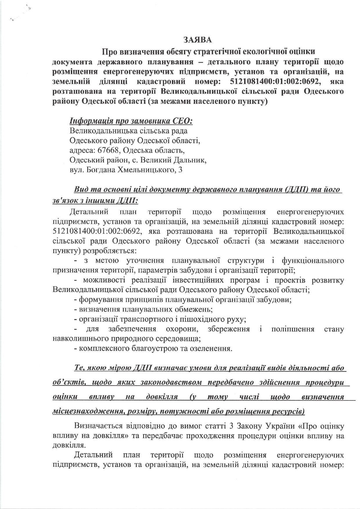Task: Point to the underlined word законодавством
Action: point(170,382)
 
